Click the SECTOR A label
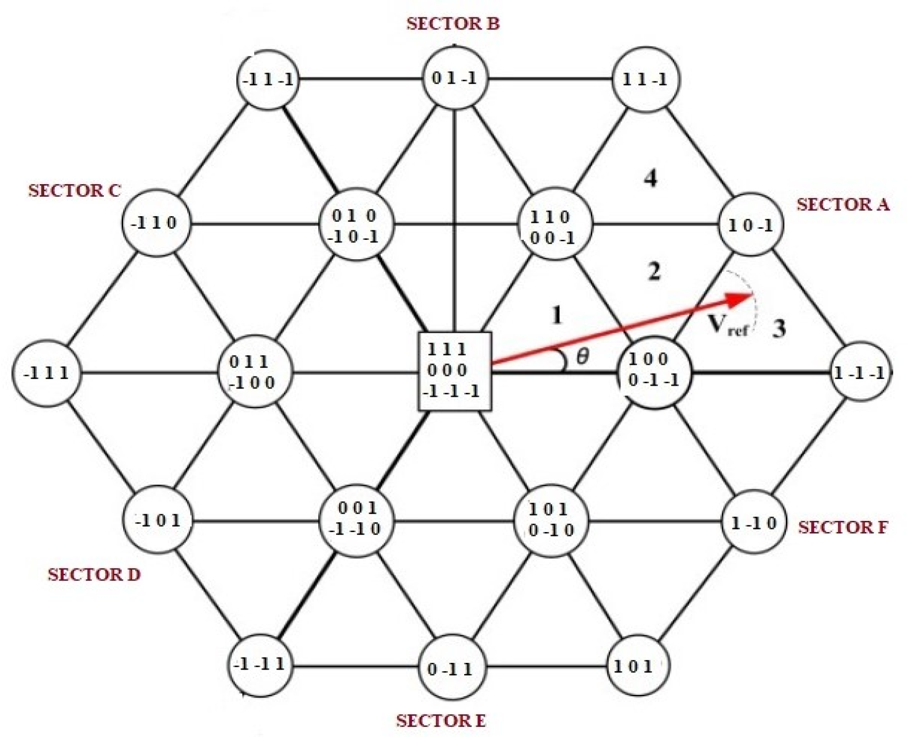coord(843,204)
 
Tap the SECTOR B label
coord(453,24)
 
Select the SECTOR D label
coord(94,575)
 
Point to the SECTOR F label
coord(843,527)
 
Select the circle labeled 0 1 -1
coord(455,79)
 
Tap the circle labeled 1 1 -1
coord(645,79)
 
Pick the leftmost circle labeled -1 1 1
coord(47,373)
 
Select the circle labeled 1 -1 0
coord(753,522)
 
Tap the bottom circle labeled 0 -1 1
coord(451,669)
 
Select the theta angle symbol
coord(583,357)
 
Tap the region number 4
coord(650,179)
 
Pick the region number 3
coord(778,329)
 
